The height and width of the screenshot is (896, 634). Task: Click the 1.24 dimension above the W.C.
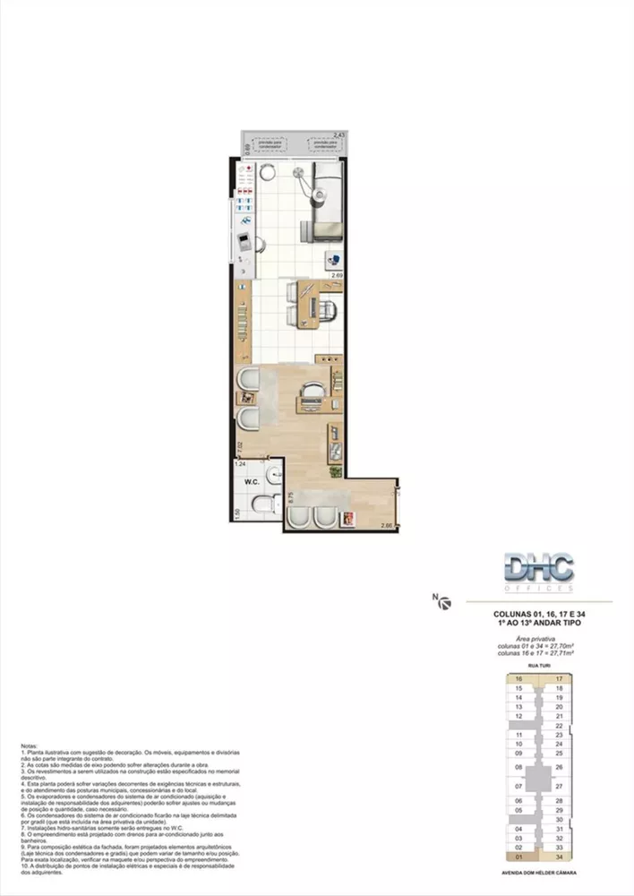239,464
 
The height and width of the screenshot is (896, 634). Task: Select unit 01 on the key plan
518,857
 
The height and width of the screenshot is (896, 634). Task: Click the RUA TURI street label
537,667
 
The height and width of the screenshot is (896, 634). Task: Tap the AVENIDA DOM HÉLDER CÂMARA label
537,871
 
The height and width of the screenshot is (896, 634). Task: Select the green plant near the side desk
335,471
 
